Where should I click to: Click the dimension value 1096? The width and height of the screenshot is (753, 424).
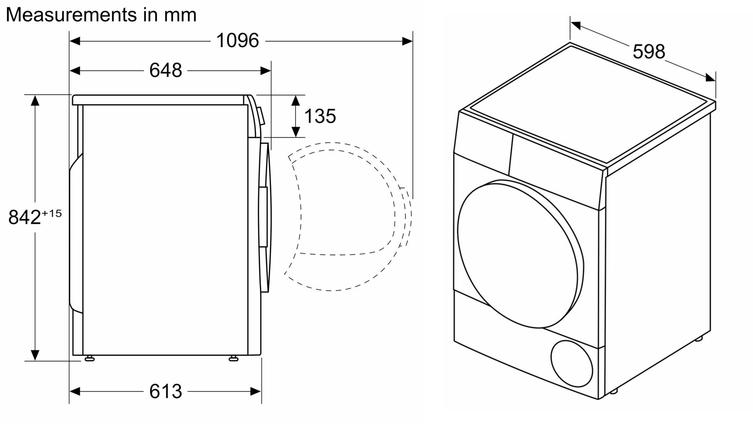(238, 40)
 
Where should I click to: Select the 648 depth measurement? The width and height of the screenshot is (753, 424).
(166, 70)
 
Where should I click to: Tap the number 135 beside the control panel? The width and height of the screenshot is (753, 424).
(320, 116)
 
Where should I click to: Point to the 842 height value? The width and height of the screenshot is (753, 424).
(24, 217)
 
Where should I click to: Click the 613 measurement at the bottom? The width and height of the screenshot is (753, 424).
(166, 391)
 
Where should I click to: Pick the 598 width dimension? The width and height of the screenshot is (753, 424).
(649, 52)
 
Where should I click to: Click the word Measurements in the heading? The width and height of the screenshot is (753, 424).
(71, 15)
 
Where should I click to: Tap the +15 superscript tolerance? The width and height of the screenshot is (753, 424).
(52, 213)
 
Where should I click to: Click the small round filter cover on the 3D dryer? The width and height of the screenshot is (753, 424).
(571, 364)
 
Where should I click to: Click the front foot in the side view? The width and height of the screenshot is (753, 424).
(233, 358)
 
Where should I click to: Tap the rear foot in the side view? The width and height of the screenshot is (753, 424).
(89, 358)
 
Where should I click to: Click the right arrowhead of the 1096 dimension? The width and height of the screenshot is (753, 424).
(407, 41)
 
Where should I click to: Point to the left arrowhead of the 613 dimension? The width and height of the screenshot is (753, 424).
(75, 392)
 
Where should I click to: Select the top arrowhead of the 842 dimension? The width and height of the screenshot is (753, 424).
(35, 101)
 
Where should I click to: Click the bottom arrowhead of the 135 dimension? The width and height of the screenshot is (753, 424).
(296, 132)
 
